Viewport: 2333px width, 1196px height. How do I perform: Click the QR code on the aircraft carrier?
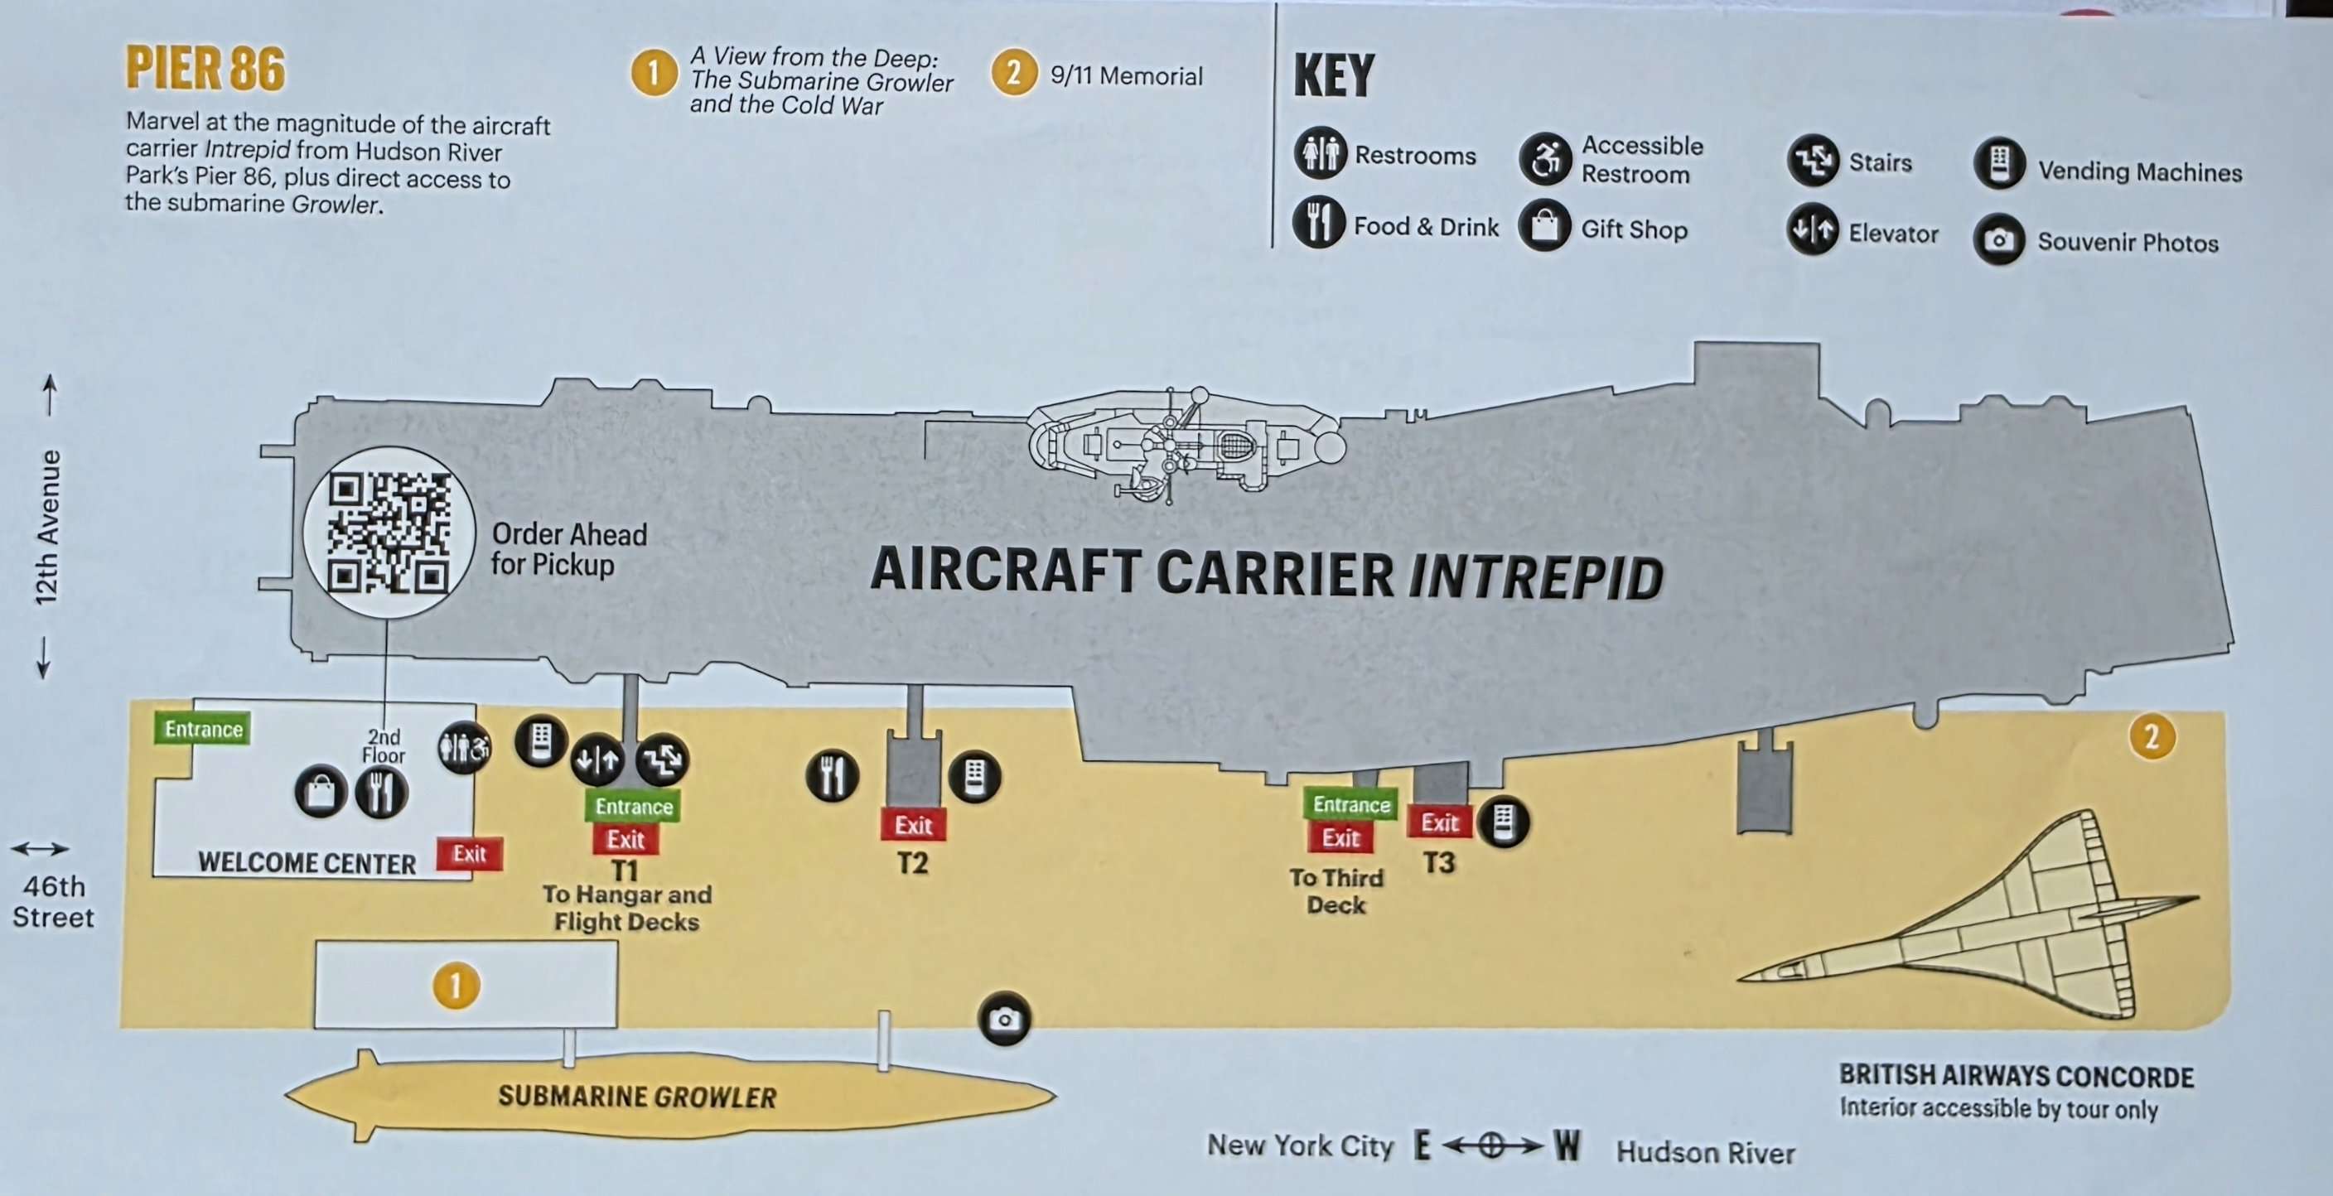[389, 533]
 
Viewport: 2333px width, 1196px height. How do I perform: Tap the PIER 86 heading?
[205, 69]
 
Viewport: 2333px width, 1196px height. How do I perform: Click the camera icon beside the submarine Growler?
[1004, 1020]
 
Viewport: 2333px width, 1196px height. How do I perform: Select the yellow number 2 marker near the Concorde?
[2152, 737]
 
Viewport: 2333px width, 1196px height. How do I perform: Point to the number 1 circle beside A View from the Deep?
[654, 72]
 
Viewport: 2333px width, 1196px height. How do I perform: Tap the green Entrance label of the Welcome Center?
[203, 729]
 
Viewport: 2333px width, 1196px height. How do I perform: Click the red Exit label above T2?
[913, 825]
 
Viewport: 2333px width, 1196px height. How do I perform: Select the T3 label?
[1439, 862]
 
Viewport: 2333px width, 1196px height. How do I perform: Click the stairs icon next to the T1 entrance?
[662, 760]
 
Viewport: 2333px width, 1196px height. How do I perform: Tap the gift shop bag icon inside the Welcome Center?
[321, 792]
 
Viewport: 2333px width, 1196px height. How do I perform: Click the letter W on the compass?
[1567, 1146]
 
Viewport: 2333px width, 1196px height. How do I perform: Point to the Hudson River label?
[1705, 1153]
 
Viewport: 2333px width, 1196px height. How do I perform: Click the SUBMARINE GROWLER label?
[636, 1097]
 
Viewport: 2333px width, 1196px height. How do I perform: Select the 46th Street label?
[53, 901]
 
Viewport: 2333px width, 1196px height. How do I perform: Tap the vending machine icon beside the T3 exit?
[1504, 822]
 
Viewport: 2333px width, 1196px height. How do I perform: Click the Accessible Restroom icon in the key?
[1546, 159]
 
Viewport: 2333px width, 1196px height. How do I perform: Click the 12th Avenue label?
[47, 527]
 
